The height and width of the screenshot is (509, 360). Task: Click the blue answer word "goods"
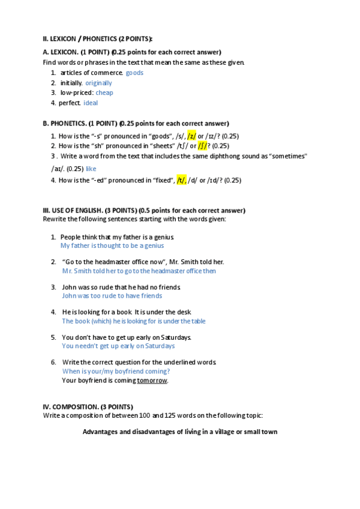click(134, 73)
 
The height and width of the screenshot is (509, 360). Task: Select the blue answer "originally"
click(98, 83)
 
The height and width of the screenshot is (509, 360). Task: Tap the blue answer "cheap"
click(104, 92)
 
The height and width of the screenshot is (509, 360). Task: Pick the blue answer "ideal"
click(90, 103)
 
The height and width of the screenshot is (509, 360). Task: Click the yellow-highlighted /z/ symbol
click(191, 136)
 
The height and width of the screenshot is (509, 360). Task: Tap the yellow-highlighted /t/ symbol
click(181, 180)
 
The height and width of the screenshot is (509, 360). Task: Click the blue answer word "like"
click(91, 169)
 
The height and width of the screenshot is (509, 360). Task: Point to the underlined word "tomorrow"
click(152, 380)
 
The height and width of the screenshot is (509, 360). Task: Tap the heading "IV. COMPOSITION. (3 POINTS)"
click(88, 406)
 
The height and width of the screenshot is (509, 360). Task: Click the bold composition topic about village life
click(179, 432)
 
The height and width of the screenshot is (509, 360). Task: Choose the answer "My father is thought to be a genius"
click(112, 245)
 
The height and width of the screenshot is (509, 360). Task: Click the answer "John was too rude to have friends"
click(112, 295)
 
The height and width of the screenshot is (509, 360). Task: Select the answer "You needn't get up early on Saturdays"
click(118, 346)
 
